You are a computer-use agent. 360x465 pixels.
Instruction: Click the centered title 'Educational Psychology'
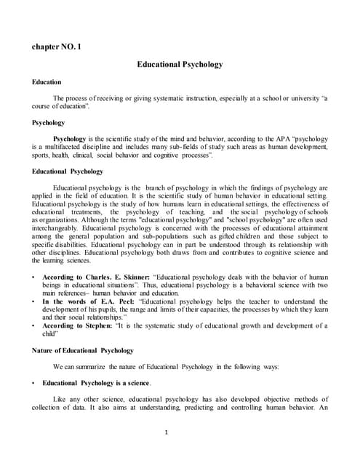[x=180, y=65]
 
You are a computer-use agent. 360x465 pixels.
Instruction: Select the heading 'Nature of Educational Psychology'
[x=83, y=351]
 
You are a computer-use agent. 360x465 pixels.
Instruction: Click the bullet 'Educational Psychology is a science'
[x=96, y=382]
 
